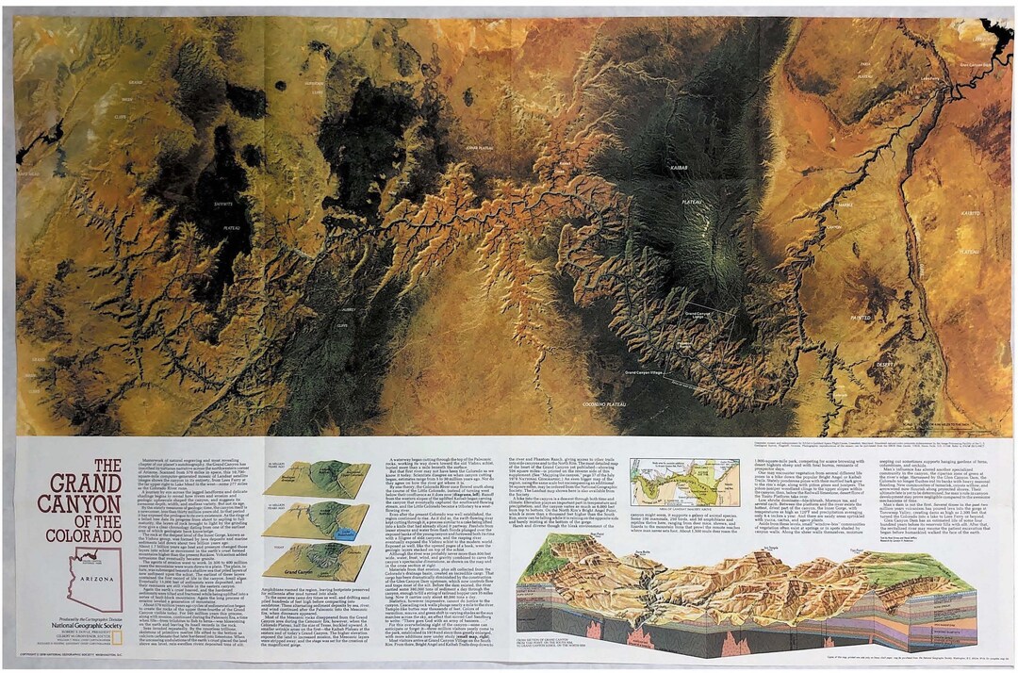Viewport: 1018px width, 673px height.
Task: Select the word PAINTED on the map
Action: point(861,318)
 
